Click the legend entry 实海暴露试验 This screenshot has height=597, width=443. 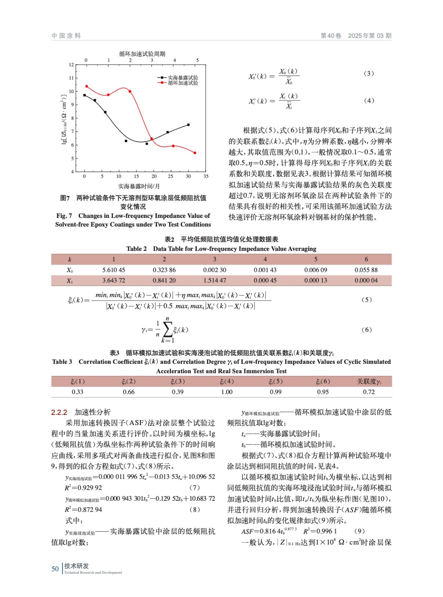tap(182, 78)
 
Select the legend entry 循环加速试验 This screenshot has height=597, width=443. tap(182, 83)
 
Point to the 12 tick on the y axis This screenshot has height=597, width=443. tap(71, 65)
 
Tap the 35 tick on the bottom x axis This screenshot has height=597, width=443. tap(206, 176)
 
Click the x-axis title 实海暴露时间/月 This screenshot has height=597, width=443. tap(139, 186)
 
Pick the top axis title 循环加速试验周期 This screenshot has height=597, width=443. tap(142, 54)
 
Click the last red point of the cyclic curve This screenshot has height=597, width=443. tap(195, 153)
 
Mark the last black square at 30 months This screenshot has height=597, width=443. tap(188, 125)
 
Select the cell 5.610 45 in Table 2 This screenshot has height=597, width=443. tap(113, 270)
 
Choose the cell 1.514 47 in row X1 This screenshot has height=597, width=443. tap(215, 280)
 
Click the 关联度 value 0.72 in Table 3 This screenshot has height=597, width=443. tap(369, 392)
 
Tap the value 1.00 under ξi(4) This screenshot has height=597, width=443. tap(227, 392)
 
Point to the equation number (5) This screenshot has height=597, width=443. tap(366, 300)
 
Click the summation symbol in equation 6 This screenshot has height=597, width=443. tap(168, 329)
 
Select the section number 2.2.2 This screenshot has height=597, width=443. tap(59, 412)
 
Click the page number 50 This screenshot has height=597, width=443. tap(55, 569)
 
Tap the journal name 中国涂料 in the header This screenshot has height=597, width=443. tap(66, 36)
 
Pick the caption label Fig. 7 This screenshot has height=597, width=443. tap(64, 216)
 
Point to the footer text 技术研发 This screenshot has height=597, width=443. tap(77, 566)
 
